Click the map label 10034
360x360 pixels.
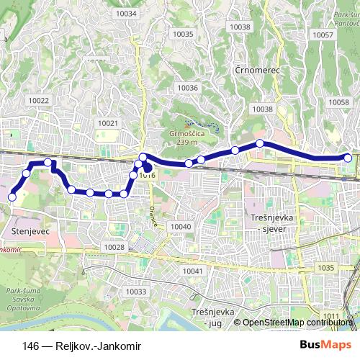[x=125, y=13]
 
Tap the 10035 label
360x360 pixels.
[x=184, y=34]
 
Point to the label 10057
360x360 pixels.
[x=323, y=35]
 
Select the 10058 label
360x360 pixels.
[x=338, y=103]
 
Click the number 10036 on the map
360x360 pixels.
[x=187, y=88]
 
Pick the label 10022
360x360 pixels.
[x=39, y=101]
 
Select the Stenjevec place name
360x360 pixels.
[x=31, y=231]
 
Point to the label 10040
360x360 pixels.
[x=181, y=227]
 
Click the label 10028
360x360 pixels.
[x=114, y=247]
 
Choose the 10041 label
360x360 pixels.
[x=192, y=271]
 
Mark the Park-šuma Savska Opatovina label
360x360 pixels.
[x=27, y=296]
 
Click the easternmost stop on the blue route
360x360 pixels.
[x=348, y=158]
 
